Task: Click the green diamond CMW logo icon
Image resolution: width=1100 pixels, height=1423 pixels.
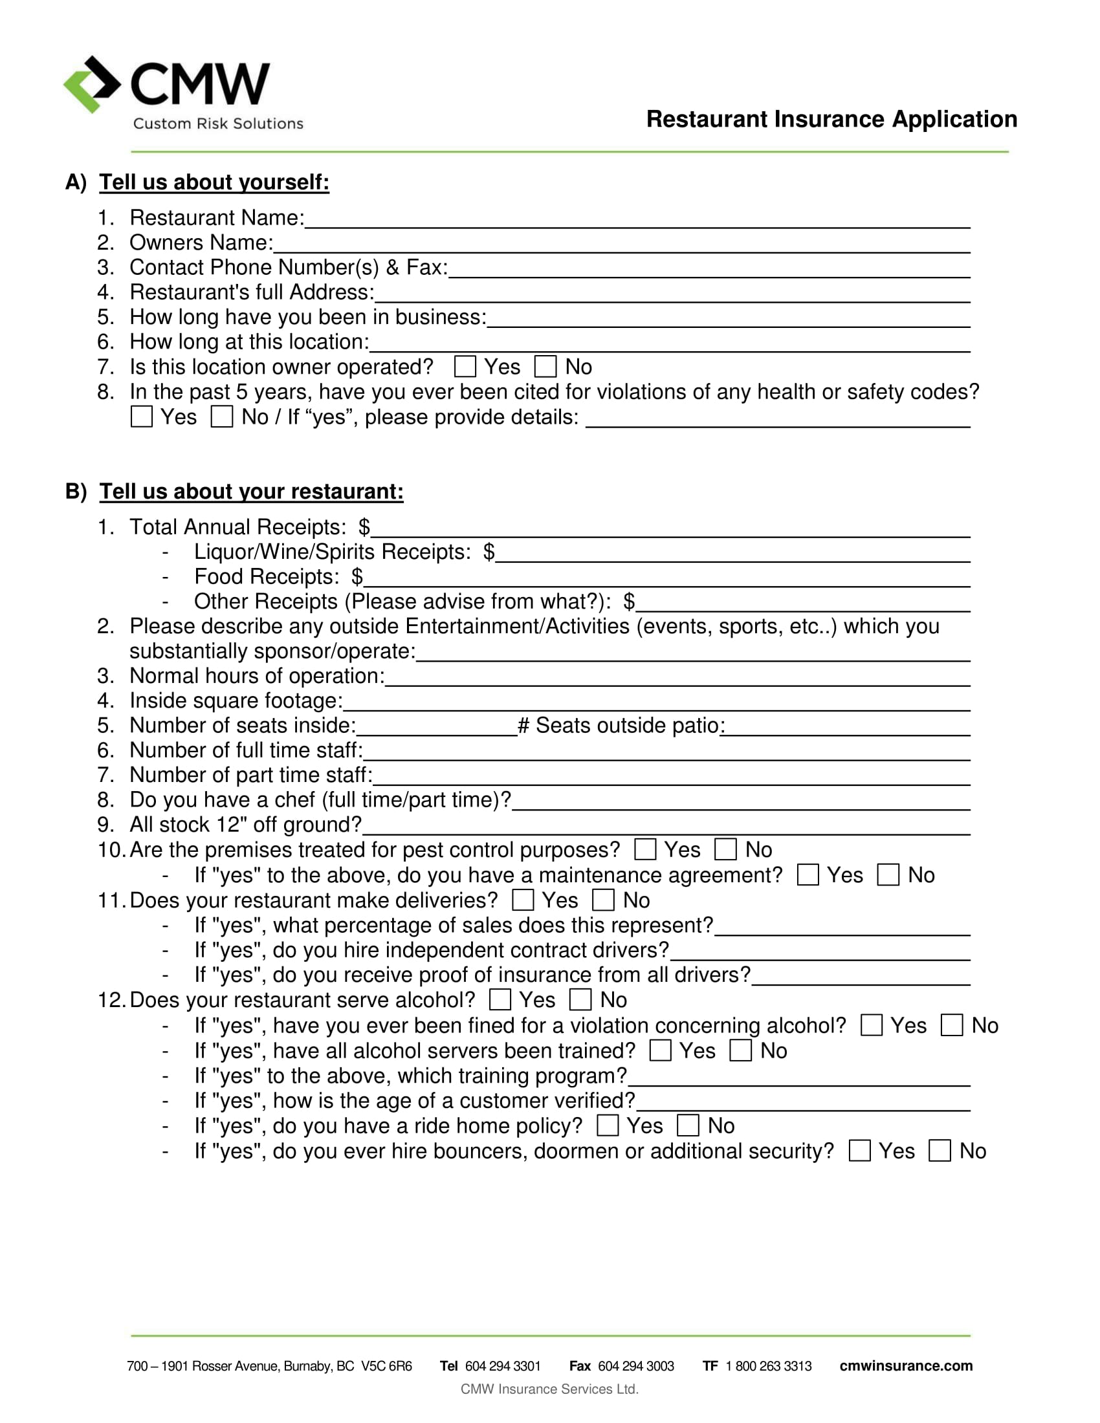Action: coord(91,85)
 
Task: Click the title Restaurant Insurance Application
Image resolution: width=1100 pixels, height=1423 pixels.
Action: coord(831,119)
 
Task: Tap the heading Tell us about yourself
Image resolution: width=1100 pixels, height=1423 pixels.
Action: coord(214,182)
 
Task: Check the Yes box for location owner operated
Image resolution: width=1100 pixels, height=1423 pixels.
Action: coord(465,367)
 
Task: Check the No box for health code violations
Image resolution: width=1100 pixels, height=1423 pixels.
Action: coord(221,417)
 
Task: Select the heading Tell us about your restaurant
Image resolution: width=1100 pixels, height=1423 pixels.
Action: coord(251,492)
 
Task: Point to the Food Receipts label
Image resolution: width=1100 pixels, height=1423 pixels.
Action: coord(267,576)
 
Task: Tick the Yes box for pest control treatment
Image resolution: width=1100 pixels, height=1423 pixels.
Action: coord(645,850)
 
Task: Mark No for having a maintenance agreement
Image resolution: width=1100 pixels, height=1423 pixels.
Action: coord(888,875)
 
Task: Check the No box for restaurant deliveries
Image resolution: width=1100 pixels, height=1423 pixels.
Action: coord(604,900)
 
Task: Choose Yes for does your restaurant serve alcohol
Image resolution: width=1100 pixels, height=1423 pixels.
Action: coord(500,1000)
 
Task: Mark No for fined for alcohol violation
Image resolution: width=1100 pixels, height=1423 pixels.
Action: coord(952,1026)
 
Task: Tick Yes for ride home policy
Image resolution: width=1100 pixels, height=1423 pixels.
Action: coord(608,1126)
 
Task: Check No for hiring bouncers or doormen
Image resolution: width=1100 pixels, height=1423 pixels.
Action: coord(940,1151)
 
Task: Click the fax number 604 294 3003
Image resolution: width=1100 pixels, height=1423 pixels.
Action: coord(635,1366)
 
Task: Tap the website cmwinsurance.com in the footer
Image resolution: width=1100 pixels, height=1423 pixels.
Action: coord(906,1366)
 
